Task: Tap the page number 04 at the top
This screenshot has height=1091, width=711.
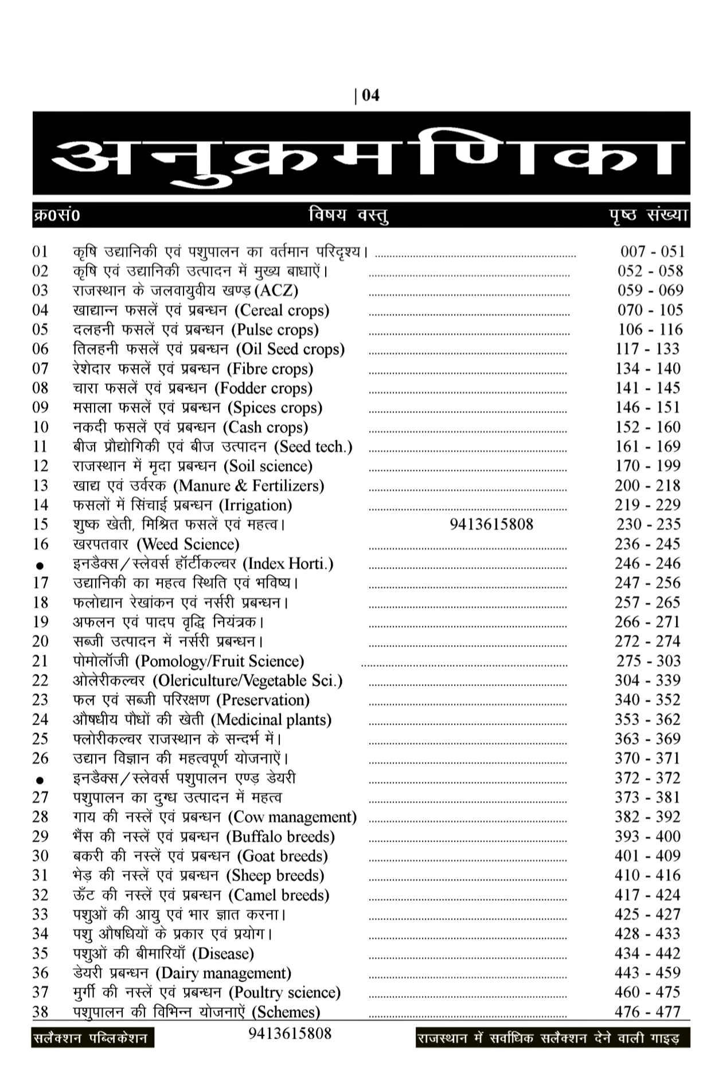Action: point(370,95)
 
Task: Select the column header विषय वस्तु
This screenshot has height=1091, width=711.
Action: point(348,215)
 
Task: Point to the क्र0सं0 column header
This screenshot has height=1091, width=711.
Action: point(56,216)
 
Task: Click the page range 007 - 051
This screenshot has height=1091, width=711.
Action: point(653,251)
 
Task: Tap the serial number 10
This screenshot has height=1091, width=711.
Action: point(40,427)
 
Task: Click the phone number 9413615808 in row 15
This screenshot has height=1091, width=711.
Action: point(491,524)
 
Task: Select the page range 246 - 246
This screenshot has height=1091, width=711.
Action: point(648,564)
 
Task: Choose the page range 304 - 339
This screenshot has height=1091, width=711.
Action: point(648,681)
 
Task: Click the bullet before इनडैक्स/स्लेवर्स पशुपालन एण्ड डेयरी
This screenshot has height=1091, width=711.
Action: point(40,780)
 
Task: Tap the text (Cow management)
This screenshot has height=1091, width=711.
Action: point(292,817)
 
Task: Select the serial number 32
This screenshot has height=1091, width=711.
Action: point(40,895)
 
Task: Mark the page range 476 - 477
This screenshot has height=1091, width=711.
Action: point(648,1012)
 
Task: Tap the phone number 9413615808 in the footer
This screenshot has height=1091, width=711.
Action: point(290,1034)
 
